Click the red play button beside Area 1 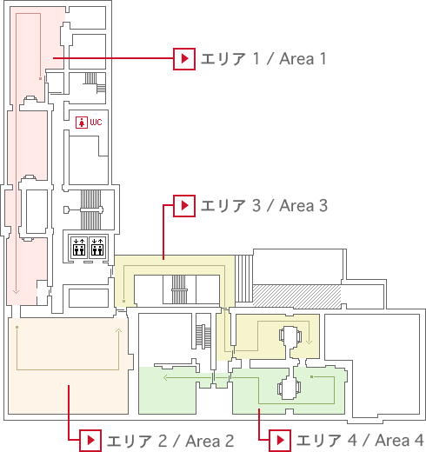184,59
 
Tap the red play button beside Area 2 90,441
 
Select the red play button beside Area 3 184,206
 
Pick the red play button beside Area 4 280,441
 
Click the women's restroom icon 82,123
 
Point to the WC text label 96,122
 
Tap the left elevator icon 79,247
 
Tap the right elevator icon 97,247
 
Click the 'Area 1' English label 303,59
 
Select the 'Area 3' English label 303,206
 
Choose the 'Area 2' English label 210,441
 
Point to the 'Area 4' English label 399,441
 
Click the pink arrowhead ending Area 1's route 16,291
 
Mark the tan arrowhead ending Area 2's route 118,331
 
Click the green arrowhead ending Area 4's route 166,377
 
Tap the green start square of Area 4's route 311,376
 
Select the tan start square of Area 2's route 17,327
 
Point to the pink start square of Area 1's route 40,78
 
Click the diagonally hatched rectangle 296,296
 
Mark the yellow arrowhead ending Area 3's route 309,342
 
